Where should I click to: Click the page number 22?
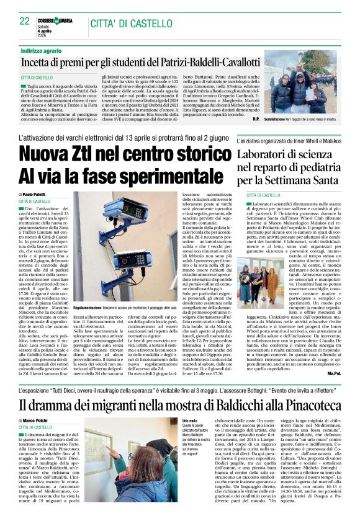click(x=25, y=21)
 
